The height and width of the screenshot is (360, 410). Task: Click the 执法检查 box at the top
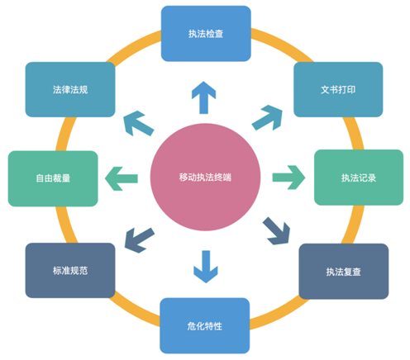[205, 34]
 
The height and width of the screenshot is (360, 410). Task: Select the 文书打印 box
[338, 89]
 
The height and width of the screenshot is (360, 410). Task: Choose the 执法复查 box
[342, 271]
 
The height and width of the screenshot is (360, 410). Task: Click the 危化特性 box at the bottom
[205, 324]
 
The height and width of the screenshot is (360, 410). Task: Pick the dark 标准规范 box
[70, 270]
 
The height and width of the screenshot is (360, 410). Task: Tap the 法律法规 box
[70, 89]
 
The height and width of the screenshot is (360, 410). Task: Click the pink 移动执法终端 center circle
[205, 178]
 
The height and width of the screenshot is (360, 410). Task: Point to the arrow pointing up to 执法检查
[201, 97]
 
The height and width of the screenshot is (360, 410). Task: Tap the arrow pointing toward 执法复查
[277, 229]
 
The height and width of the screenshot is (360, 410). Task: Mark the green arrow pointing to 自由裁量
[121, 176]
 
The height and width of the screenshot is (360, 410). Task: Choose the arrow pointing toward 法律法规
[138, 121]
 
